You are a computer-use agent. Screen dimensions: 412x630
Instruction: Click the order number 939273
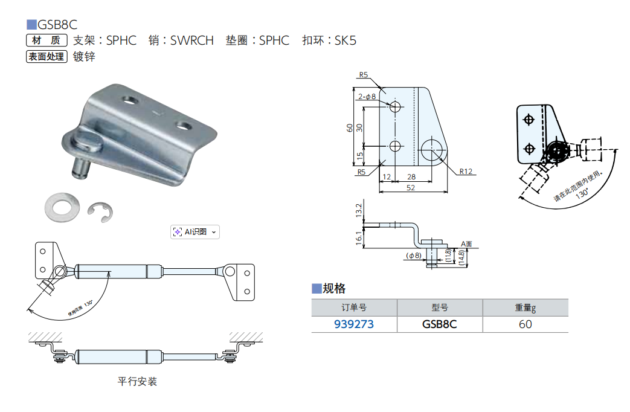[x=354, y=324]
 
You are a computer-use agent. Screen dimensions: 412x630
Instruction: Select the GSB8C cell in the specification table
[x=439, y=324]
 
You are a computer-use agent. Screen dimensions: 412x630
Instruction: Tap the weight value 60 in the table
[x=525, y=324]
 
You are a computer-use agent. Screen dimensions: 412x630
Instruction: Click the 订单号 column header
[x=354, y=307]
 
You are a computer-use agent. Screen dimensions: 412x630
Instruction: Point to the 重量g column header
[x=525, y=307]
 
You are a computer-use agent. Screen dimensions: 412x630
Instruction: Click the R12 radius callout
[x=465, y=171]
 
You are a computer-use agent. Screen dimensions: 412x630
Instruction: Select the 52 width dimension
[x=410, y=188]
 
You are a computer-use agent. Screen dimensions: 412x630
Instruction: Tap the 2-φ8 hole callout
[x=367, y=96]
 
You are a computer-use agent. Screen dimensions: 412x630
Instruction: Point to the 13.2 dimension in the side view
[x=359, y=211]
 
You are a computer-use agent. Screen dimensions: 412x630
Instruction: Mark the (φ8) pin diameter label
[x=414, y=256]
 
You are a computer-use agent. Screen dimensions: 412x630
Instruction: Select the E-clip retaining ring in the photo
[x=100, y=212]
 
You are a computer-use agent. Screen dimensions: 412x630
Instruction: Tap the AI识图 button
[x=194, y=231]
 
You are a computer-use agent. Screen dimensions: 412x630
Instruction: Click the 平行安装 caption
[x=137, y=382]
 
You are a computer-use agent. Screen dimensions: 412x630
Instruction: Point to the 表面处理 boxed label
[x=46, y=57]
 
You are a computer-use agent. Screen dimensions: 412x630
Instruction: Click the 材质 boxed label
[x=46, y=41]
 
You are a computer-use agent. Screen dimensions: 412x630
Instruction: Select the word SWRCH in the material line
[x=191, y=41]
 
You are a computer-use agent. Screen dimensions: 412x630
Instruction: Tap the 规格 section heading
[x=334, y=288]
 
